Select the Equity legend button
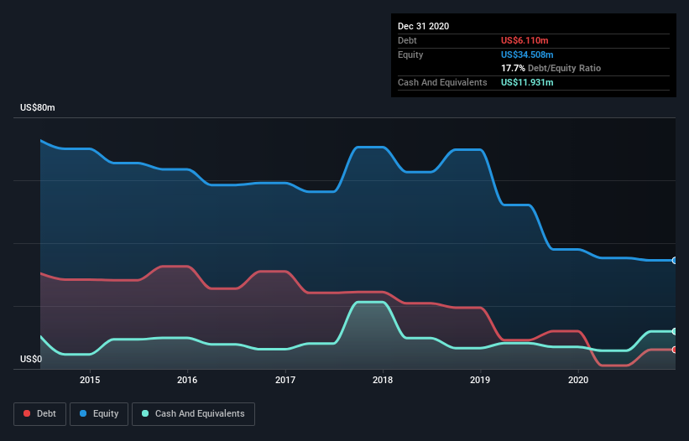click(99, 413)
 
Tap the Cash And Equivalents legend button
click(193, 413)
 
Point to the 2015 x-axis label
click(90, 380)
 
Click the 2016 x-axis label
click(187, 380)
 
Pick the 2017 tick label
click(285, 380)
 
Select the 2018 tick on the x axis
click(383, 380)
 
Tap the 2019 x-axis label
click(481, 380)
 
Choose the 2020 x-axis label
click(578, 380)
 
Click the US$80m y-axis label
click(38, 108)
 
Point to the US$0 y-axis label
click(31, 360)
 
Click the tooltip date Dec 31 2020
click(423, 26)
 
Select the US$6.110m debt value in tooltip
click(526, 40)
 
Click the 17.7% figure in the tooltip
click(513, 68)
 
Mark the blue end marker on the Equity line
click(674, 261)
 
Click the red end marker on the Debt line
click(674, 350)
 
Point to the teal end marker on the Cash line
click(674, 331)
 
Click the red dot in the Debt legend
click(28, 413)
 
